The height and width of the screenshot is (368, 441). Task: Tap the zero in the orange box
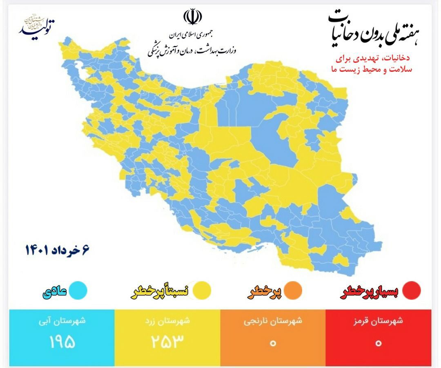tap(273, 343)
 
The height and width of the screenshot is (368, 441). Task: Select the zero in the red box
tap(378, 343)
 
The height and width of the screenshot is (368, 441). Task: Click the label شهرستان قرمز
tap(378, 321)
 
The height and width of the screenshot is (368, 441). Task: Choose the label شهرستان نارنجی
tap(273, 321)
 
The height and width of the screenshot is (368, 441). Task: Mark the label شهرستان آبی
tap(62, 321)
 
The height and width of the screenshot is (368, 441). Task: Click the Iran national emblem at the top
tap(192, 17)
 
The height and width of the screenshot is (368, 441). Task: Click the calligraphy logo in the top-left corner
tap(38, 25)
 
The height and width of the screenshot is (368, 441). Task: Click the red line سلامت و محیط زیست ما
tap(372, 70)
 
